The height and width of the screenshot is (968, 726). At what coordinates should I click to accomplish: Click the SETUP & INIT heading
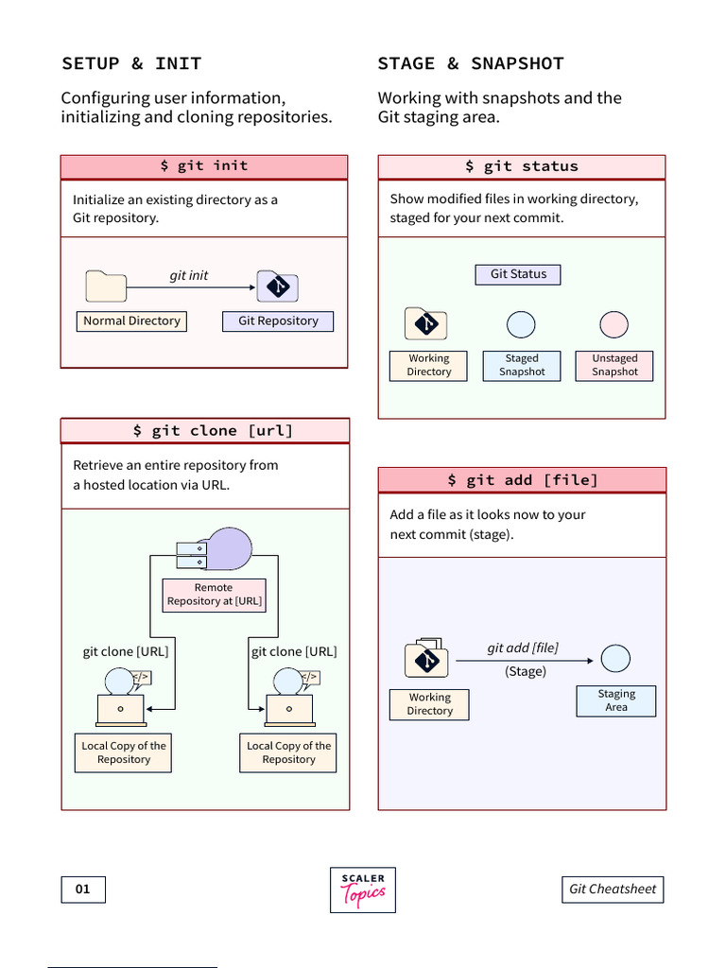point(131,63)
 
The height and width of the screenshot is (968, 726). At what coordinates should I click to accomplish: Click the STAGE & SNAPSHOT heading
point(470,63)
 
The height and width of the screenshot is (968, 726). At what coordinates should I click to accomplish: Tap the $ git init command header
point(204,166)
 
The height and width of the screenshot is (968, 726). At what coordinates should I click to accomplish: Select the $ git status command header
point(522,166)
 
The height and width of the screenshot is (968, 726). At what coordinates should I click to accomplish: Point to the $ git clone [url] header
point(205,431)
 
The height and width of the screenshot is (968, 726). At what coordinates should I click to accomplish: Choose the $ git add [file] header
point(522,480)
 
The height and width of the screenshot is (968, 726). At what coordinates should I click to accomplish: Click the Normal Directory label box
point(131,321)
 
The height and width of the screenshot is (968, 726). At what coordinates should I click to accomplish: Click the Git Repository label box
point(278,321)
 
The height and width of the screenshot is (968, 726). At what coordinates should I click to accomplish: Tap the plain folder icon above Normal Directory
point(106,286)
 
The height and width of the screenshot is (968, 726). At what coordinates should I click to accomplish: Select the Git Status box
point(518,274)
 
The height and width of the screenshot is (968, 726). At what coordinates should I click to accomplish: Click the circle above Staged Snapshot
point(521,325)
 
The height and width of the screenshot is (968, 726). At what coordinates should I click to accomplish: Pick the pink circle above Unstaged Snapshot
point(614,325)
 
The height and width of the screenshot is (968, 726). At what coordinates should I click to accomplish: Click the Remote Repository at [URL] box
point(214,595)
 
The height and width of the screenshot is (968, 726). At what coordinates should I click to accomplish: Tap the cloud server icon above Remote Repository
point(216,550)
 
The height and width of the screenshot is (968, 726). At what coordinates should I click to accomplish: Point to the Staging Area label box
point(616,700)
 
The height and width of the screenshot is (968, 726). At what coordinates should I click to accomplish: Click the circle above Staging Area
point(616,659)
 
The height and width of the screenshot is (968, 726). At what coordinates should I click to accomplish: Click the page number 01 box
point(83,890)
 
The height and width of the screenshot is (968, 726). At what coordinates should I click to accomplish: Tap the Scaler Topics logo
point(363,890)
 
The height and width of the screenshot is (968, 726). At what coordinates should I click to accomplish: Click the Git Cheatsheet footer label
point(613,890)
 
